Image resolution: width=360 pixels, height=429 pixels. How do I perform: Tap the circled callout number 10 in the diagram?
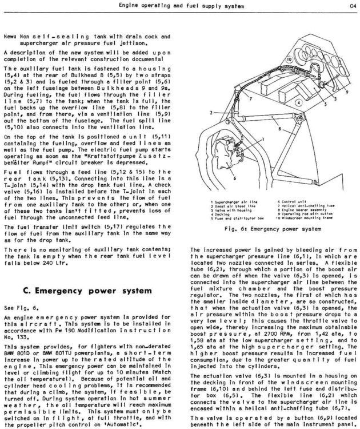(289, 59)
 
